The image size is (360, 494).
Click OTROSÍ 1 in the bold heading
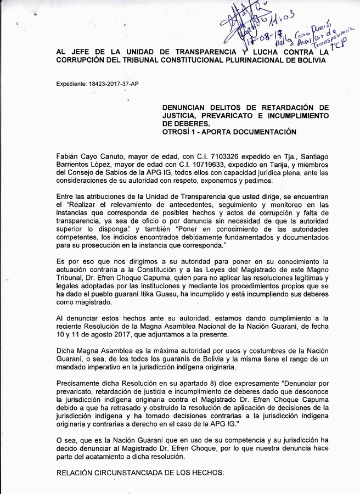(181, 132)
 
